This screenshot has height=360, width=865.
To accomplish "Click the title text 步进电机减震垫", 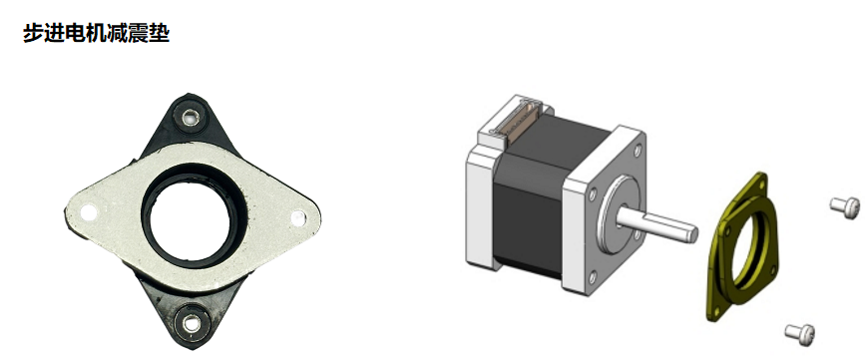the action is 96,33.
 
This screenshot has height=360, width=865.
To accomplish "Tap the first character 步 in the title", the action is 33,33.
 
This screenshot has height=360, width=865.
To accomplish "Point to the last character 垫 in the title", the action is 160,33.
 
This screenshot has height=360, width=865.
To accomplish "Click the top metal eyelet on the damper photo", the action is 191,117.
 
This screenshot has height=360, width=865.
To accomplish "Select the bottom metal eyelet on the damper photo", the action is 192,322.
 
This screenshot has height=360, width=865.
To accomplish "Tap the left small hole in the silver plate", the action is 88,211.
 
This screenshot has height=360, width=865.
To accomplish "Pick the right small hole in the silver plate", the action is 298,217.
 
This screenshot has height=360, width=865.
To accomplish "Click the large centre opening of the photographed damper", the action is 191,223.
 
